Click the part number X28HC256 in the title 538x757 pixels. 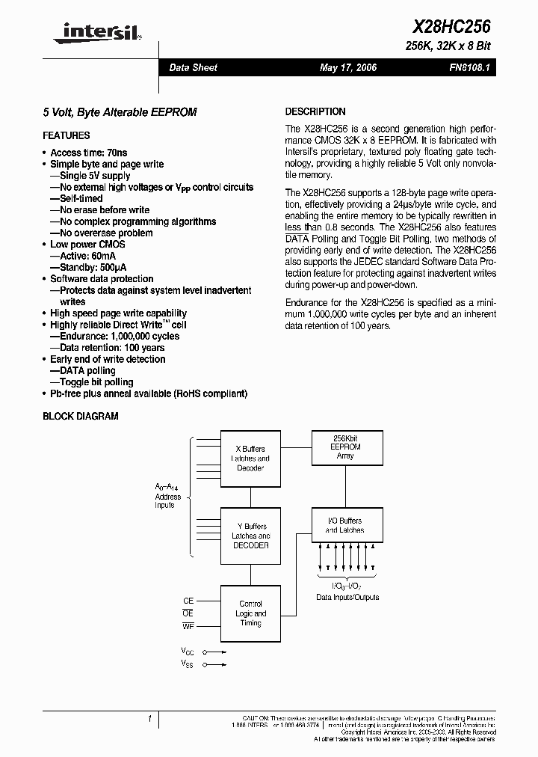coord(451,27)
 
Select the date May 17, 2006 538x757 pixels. coord(348,67)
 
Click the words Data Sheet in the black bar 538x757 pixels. coord(193,67)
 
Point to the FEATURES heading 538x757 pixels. coord(67,135)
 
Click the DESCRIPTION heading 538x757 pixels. coord(315,111)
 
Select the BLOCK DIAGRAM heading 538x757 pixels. coord(80,417)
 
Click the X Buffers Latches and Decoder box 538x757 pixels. coord(250,459)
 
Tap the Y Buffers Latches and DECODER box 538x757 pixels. coord(250,536)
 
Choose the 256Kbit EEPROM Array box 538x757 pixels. coord(345,447)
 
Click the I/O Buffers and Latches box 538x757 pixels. coord(344,526)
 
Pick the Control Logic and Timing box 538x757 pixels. coord(250,613)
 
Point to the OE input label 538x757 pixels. coord(188,613)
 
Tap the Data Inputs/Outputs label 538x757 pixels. coord(347,597)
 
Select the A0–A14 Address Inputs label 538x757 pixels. coord(168,496)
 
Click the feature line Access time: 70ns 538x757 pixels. coord(88,153)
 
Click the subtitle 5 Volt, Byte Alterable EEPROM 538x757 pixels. coord(120,111)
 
